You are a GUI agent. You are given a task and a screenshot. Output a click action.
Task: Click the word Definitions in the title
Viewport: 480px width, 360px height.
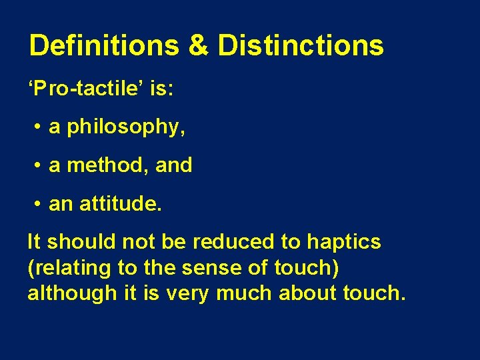click(104, 46)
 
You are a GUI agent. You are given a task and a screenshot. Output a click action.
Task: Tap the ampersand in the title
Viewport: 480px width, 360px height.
click(199, 46)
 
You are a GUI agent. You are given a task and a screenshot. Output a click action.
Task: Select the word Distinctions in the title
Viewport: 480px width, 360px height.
click(301, 46)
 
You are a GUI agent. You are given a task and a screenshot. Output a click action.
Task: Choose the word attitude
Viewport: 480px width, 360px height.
click(120, 203)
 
